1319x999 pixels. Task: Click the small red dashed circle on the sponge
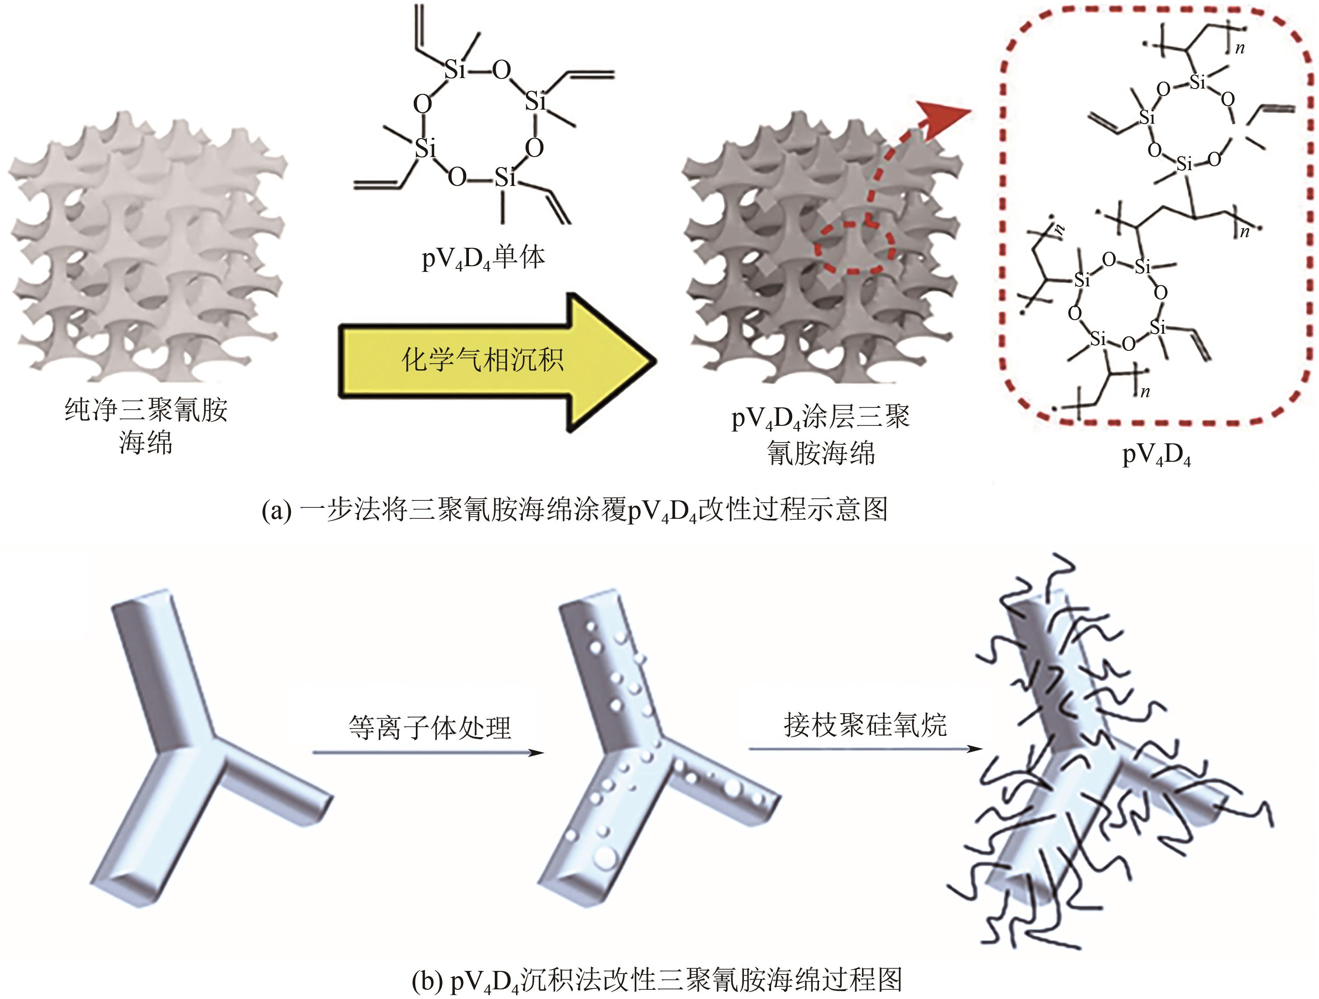tap(855, 247)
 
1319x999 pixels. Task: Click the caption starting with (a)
tap(575, 510)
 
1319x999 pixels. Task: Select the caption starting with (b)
tap(656, 980)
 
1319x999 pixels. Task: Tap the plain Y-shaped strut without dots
tap(197, 751)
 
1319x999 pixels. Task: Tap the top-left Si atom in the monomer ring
tap(454, 70)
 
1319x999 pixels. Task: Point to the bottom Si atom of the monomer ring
tap(504, 177)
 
